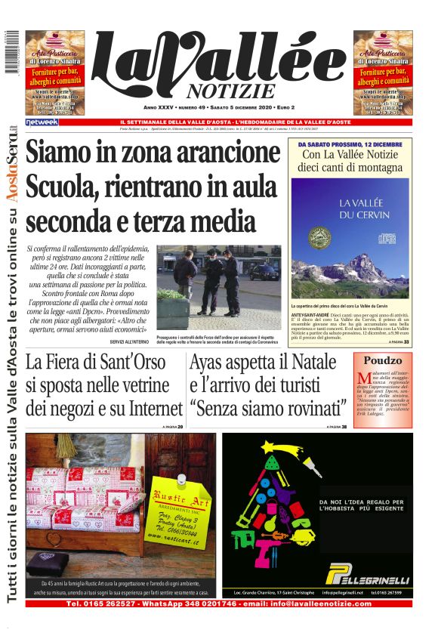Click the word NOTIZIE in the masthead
pos(220,91)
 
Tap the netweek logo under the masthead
pos(42,122)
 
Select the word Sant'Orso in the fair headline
pos(133,363)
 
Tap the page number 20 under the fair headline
pos(179,428)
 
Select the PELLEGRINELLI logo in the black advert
pos(367,578)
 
